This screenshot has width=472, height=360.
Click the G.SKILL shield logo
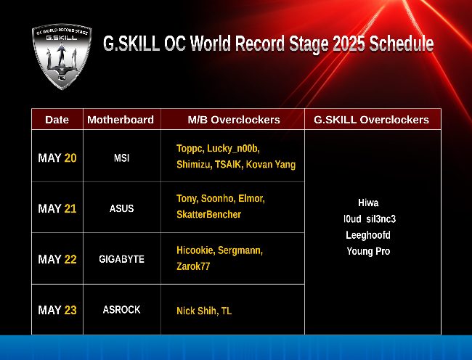62,57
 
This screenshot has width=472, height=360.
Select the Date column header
57,120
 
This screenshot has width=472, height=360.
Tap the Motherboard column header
121,120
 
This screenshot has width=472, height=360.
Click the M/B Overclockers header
234,120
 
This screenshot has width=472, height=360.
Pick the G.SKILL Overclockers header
372,120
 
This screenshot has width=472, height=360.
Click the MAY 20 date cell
57,158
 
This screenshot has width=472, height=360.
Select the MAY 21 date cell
57,208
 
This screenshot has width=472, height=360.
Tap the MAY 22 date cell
57,259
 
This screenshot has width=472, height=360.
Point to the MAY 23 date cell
57,310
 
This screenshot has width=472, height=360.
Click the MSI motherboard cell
121,158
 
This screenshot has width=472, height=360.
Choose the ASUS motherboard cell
121,208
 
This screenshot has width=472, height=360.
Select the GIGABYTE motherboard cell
121,259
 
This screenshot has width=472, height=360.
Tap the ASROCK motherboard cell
121,310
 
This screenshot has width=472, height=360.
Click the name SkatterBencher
209,214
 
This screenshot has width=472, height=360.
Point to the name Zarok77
193,266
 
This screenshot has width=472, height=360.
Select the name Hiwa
368,202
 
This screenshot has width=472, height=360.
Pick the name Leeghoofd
368,235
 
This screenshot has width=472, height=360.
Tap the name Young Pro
368,251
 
